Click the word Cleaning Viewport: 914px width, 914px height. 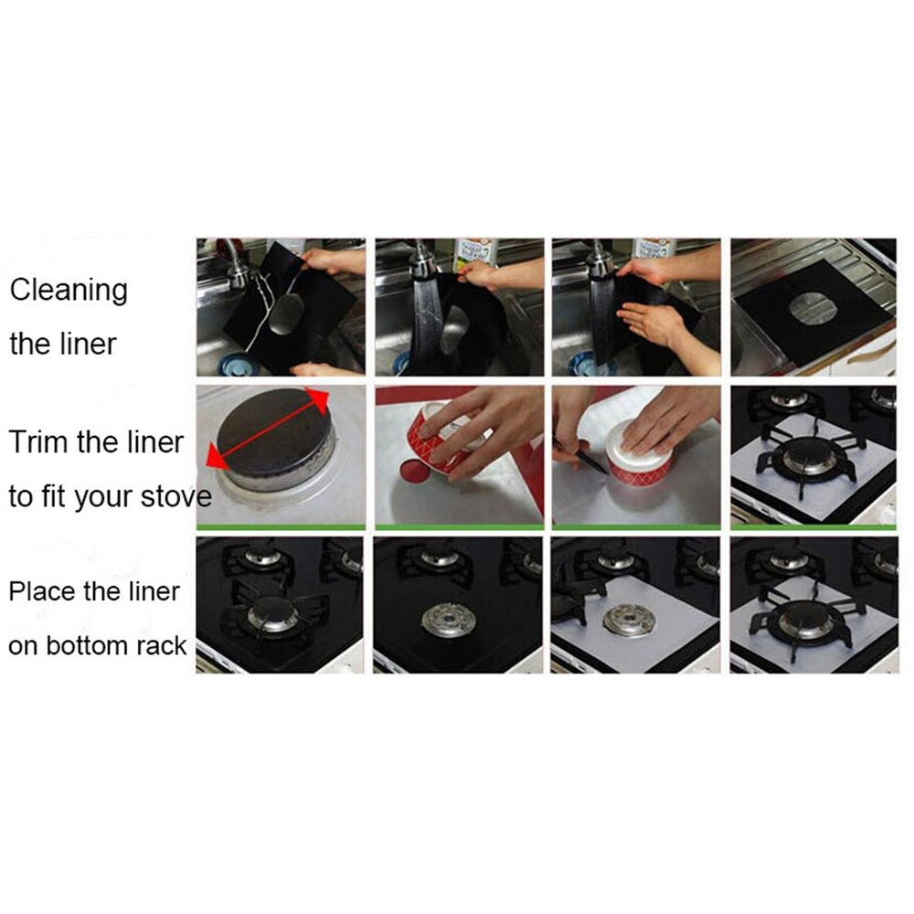click(69, 292)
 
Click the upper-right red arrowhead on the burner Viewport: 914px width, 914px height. click(319, 399)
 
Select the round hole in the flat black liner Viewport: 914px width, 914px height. click(808, 303)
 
